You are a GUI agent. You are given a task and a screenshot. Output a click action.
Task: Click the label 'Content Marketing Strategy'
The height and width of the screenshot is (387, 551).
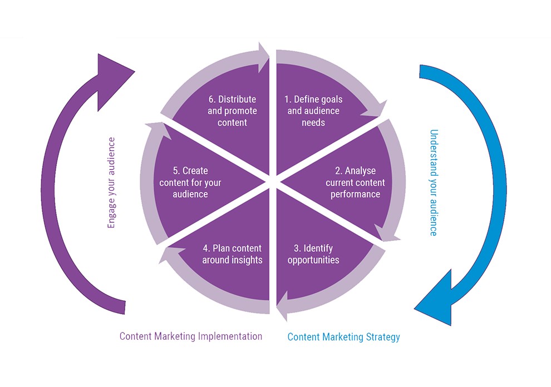(343, 337)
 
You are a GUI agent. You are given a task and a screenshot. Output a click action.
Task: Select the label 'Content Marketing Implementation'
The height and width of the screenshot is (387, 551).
(191, 336)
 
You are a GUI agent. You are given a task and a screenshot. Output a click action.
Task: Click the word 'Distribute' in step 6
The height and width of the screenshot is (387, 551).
(237, 100)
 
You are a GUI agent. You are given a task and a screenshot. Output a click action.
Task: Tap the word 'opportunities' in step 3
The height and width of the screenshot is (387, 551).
(313, 260)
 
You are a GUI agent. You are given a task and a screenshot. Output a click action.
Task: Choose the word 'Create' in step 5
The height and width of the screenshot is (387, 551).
(195, 171)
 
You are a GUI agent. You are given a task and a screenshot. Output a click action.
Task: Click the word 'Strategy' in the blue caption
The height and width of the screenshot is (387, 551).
(383, 337)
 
